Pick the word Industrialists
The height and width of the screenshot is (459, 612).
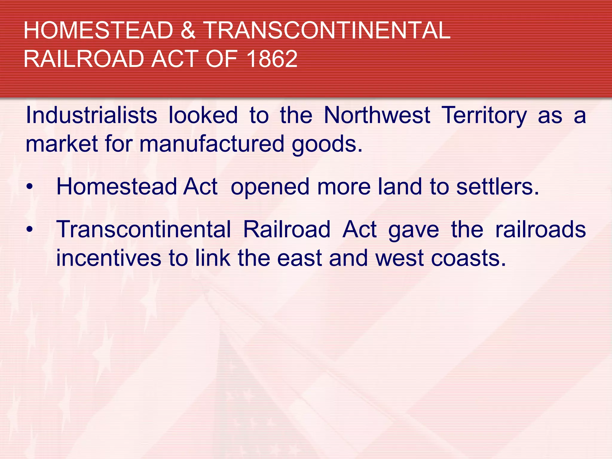pyautogui.click(x=91, y=115)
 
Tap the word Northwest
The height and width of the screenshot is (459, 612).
pyautogui.click(x=377, y=115)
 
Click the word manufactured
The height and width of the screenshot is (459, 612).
pyautogui.click(x=212, y=144)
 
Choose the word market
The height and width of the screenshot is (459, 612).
pyautogui.click(x=62, y=144)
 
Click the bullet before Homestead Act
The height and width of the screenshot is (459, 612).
pyautogui.click(x=29, y=187)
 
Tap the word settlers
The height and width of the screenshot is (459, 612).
pyautogui.click(x=498, y=187)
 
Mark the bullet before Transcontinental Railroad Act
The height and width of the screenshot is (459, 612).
pyautogui.click(x=29, y=229)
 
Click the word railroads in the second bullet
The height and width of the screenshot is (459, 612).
pyautogui.click(x=540, y=229)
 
